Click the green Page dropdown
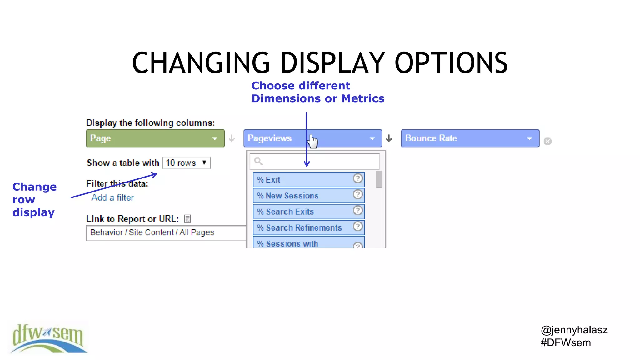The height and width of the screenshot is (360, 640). point(155,138)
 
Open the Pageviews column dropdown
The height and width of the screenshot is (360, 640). point(312,138)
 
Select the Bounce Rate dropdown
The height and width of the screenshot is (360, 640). point(470,138)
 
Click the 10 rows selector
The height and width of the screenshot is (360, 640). point(187,163)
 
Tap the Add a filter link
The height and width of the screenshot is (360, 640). point(112,197)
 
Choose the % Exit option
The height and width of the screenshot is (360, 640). point(303,180)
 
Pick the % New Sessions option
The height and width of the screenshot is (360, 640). point(303,196)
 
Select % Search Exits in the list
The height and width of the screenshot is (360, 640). point(303,212)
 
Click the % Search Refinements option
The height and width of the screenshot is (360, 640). point(303,227)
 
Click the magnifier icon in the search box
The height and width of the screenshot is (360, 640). point(258,161)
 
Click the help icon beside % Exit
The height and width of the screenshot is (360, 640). point(358,178)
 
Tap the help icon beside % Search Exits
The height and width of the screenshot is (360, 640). point(358,210)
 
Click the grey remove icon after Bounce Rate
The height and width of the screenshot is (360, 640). point(547,141)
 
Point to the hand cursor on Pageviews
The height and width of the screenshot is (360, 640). point(313,141)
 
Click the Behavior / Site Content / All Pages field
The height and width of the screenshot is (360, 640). point(166,232)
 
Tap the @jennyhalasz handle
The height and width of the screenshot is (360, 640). point(574,330)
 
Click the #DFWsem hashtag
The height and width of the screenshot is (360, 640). point(566,343)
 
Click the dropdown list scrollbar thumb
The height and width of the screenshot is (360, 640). point(379,179)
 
